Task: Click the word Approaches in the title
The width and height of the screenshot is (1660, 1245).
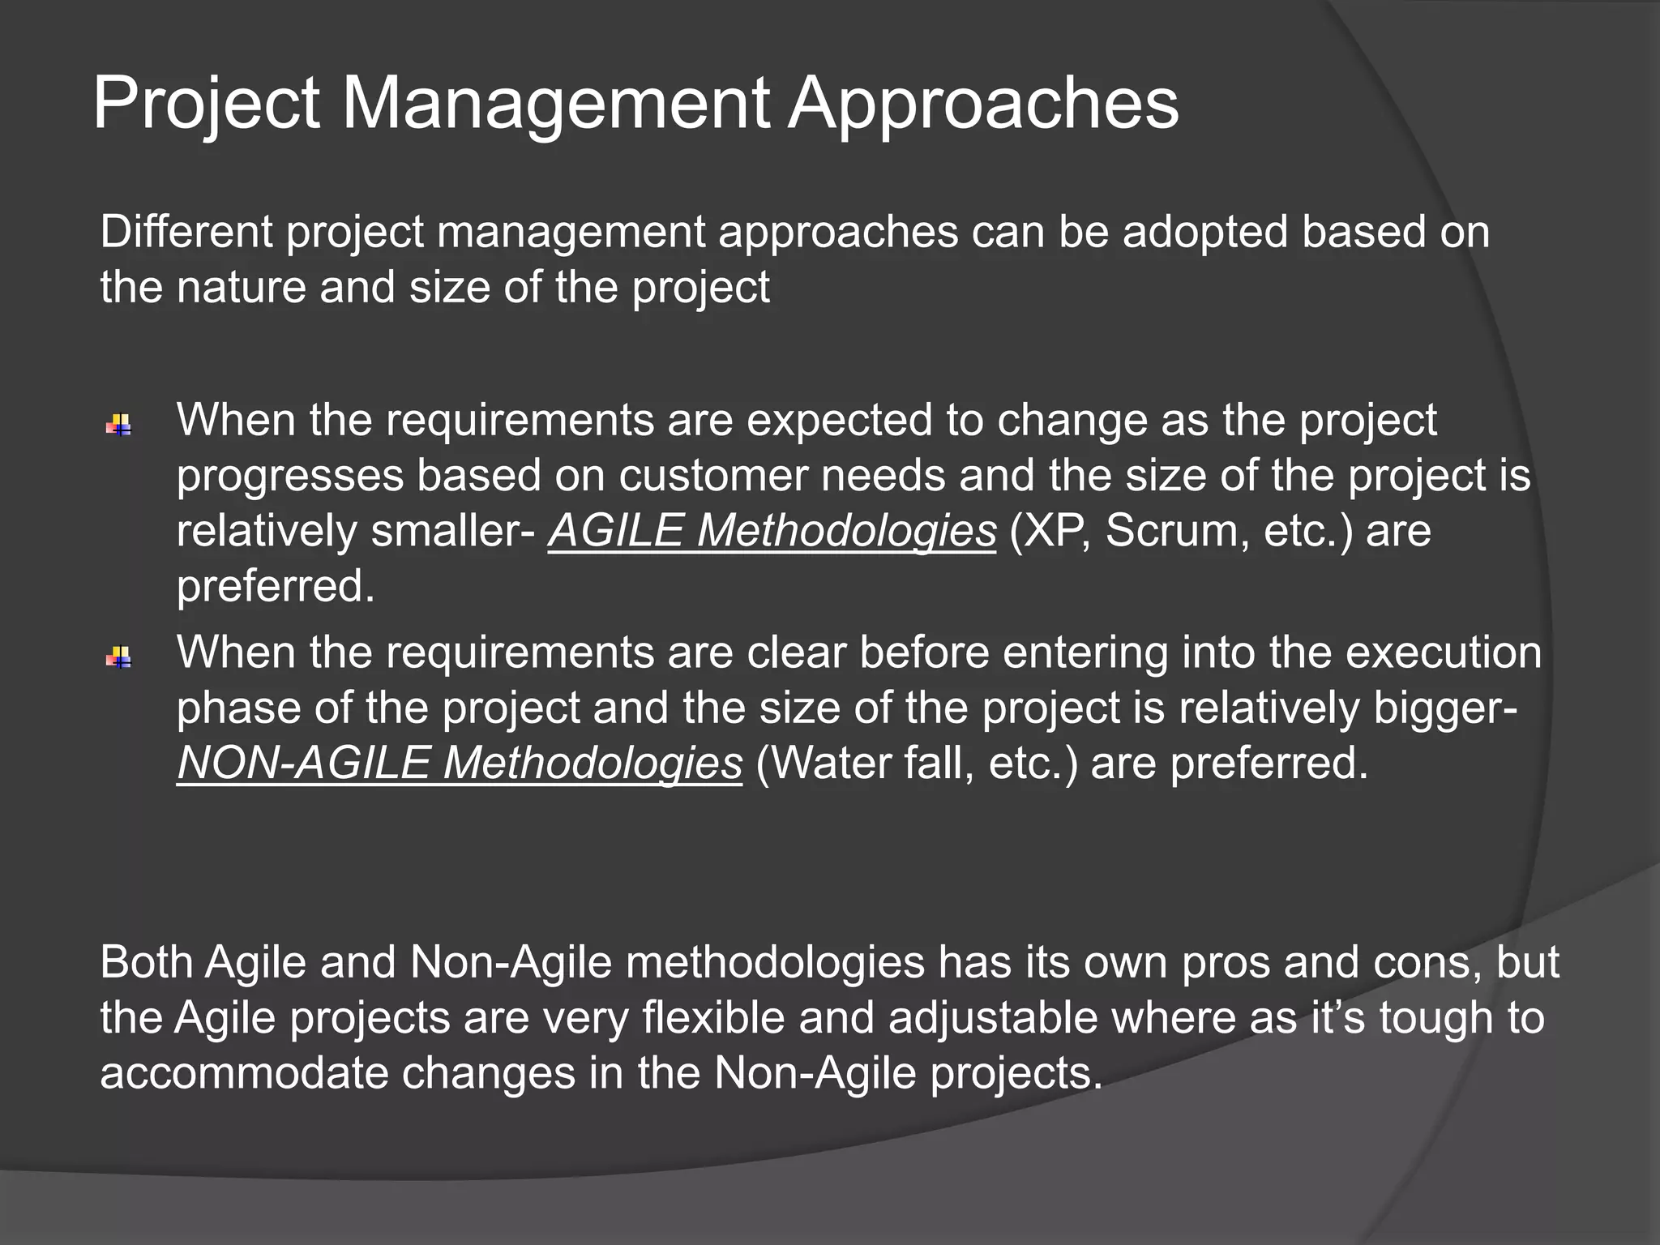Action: pyautogui.click(x=982, y=104)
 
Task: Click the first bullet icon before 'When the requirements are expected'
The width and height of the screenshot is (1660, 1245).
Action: pyautogui.click(x=119, y=425)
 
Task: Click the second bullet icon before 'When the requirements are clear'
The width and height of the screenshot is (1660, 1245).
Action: pyautogui.click(x=119, y=657)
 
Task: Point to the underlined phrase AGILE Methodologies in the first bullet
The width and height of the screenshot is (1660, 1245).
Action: pyautogui.click(x=772, y=531)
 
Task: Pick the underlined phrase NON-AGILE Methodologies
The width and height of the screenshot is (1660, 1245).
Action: pyautogui.click(x=459, y=763)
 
